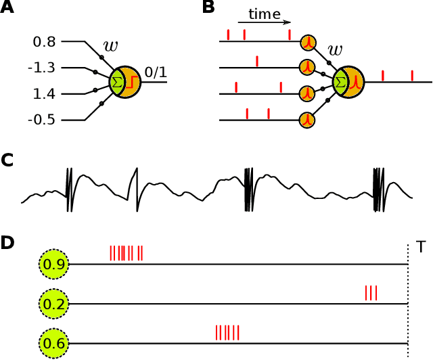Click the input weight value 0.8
click(x=45, y=43)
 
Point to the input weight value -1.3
click(x=43, y=68)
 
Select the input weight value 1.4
click(x=45, y=94)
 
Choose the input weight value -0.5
click(x=43, y=120)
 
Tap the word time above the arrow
click(x=263, y=14)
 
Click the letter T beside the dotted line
click(x=421, y=248)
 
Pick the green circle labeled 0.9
click(x=53, y=264)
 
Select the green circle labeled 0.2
click(x=53, y=305)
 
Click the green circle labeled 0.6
click(x=53, y=344)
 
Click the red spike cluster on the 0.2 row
click(x=371, y=293)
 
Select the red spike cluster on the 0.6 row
click(x=227, y=333)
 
